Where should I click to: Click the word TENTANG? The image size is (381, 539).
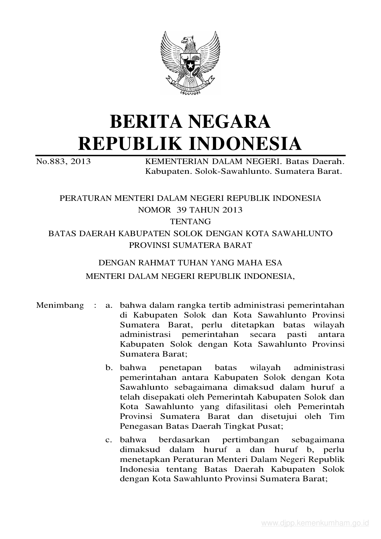tap(190, 221)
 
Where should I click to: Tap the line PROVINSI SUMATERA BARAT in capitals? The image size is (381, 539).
tap(190, 245)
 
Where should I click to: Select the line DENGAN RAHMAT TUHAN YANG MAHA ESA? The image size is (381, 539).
tap(190, 263)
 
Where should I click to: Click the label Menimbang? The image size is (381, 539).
tap(60, 305)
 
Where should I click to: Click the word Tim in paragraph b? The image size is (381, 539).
tap(337, 416)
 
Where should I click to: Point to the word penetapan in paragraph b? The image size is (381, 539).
tap(180, 367)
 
